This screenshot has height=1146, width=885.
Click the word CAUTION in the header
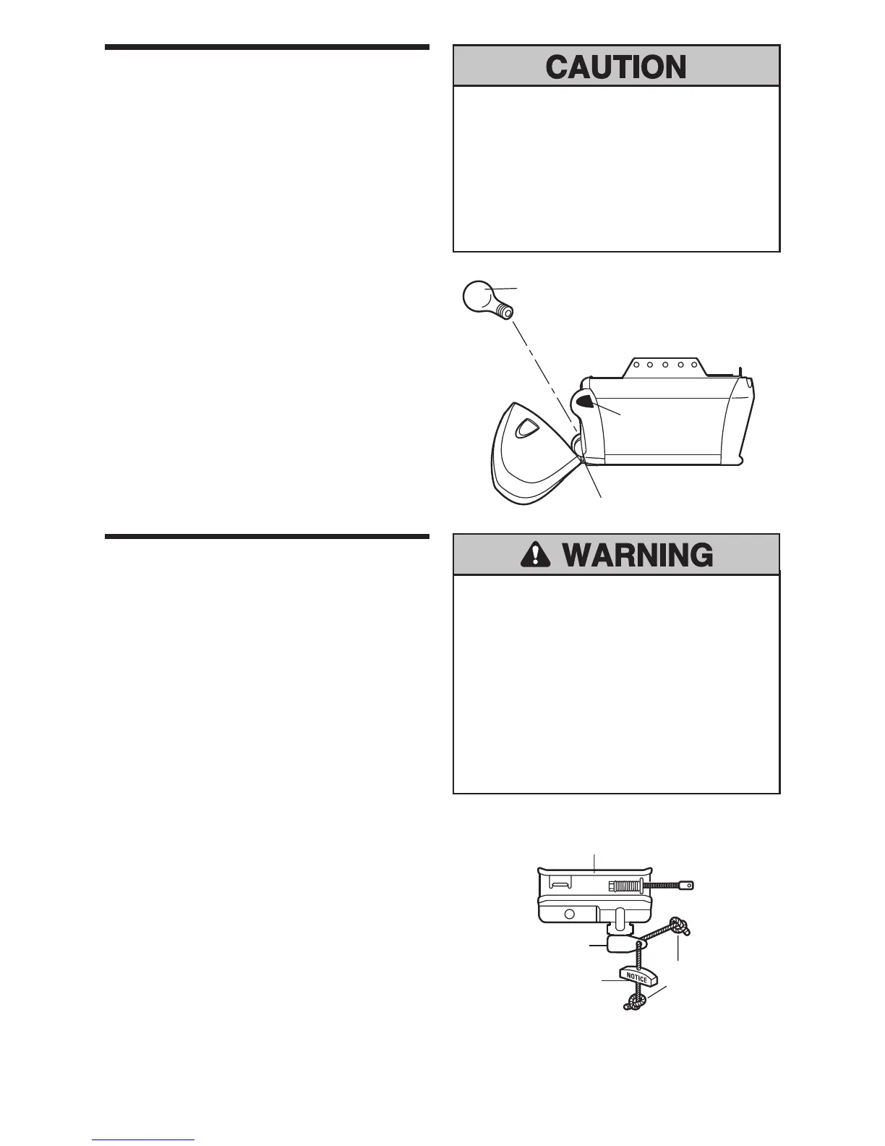coord(616,67)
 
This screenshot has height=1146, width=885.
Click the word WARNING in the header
coord(637,556)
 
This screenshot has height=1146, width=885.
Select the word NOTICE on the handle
coord(636,977)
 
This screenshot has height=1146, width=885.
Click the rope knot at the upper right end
coord(680,925)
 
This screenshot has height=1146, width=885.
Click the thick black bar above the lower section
coord(267,537)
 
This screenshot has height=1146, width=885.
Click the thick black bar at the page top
coord(267,48)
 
